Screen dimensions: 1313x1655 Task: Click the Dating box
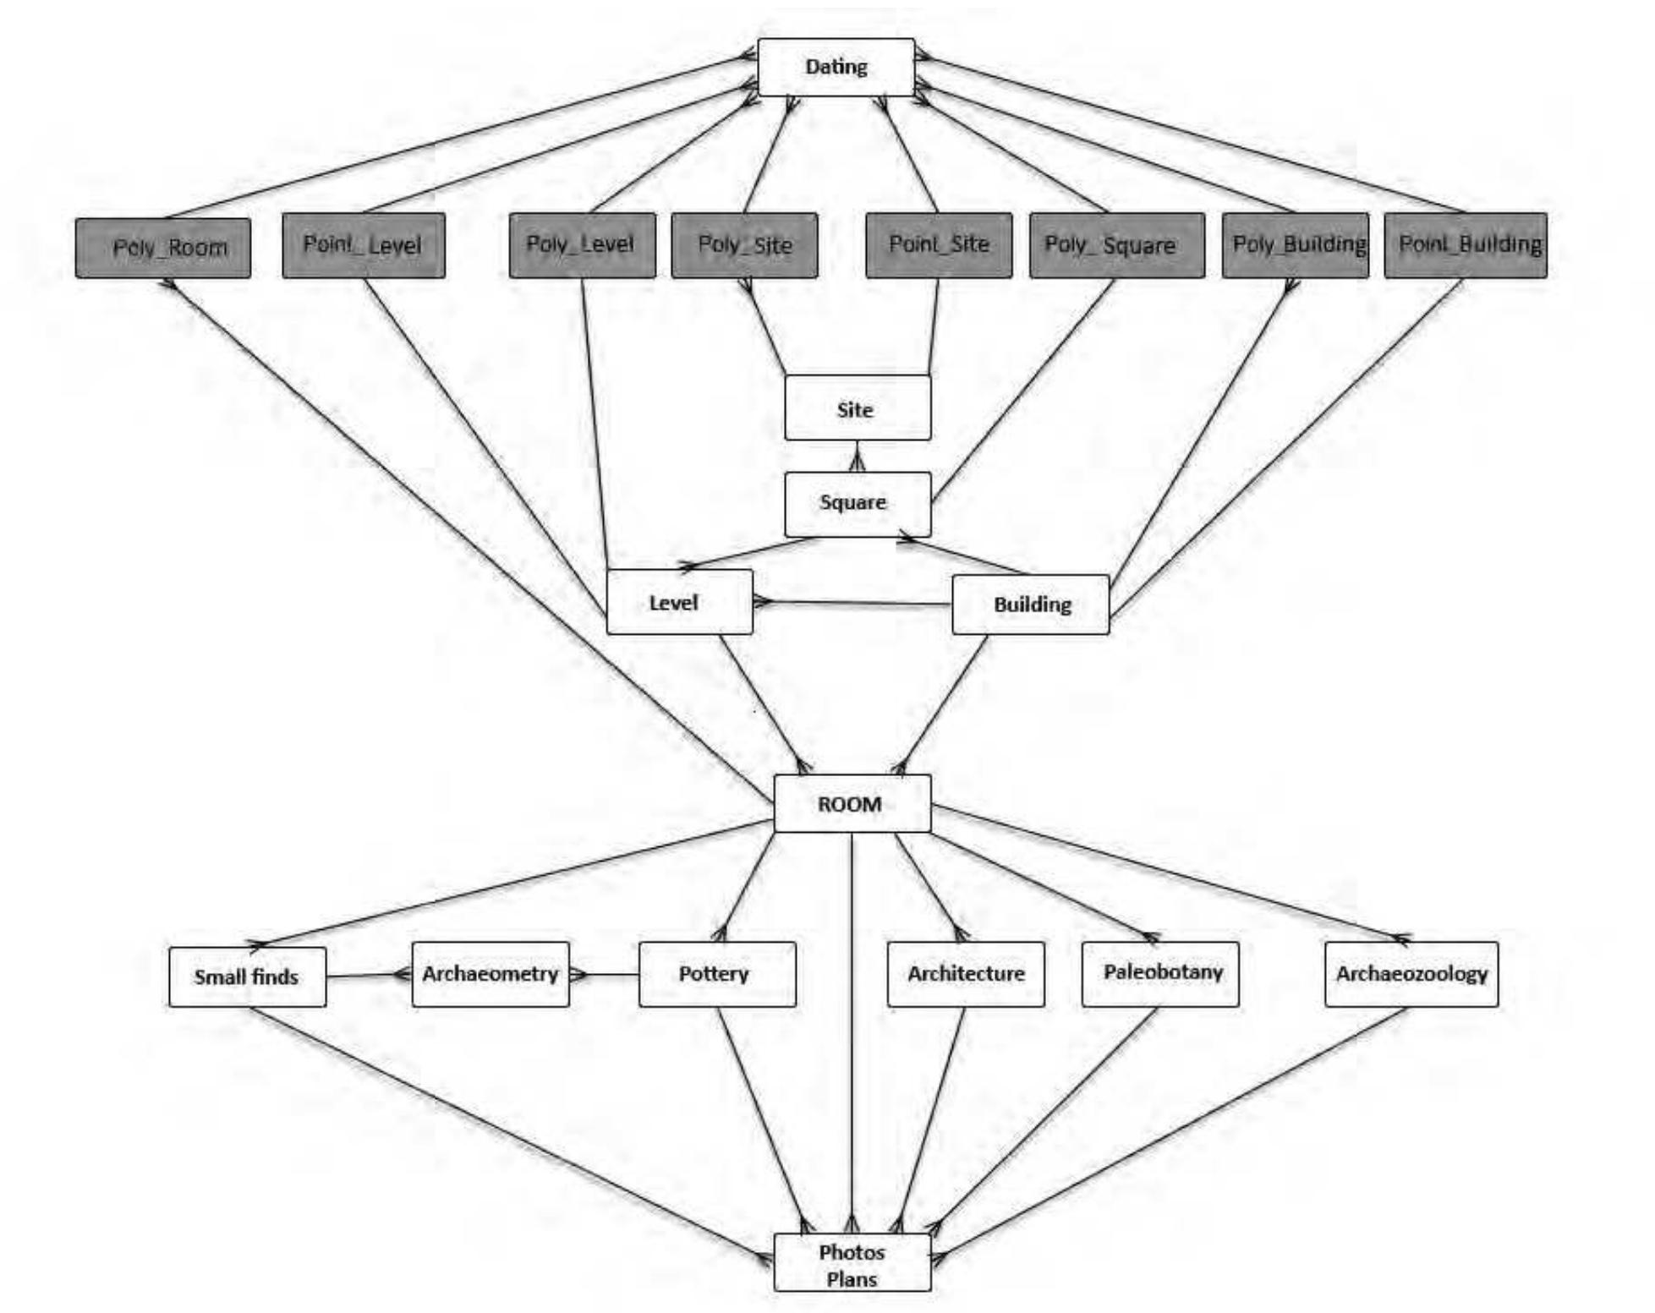click(x=836, y=67)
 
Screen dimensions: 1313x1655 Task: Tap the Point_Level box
click(x=364, y=245)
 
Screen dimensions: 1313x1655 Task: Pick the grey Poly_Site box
click(x=744, y=245)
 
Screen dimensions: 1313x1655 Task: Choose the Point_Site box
click(x=939, y=245)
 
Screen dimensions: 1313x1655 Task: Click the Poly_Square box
click(x=1116, y=245)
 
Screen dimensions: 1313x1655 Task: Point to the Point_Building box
click(x=1466, y=245)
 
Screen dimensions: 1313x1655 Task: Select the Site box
click(x=858, y=408)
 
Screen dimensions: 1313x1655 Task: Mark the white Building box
click(x=1030, y=605)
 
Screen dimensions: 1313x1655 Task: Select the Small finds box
click(x=247, y=977)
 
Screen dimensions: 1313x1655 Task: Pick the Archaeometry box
click(x=490, y=974)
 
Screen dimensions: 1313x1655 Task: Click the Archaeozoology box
click(x=1411, y=974)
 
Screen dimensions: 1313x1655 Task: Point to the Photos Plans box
click(x=852, y=1262)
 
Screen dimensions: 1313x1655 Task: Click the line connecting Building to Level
click(x=854, y=603)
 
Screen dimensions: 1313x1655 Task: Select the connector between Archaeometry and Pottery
click(x=607, y=975)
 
